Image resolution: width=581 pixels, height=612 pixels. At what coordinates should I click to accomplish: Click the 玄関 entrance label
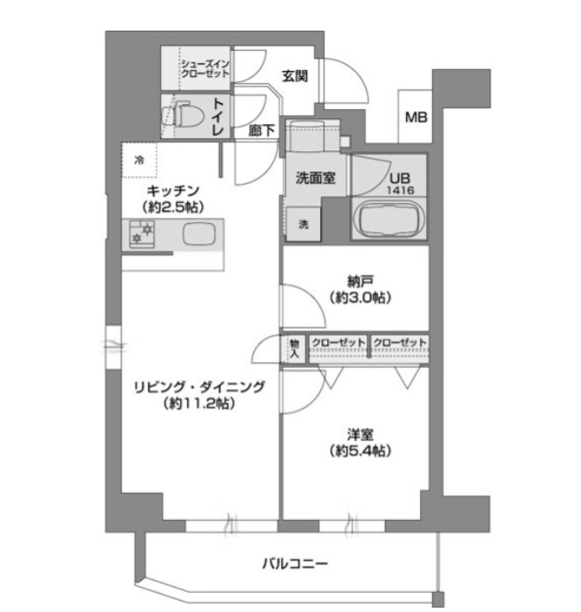point(295,76)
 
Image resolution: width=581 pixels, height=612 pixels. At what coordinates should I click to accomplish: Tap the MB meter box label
point(416,117)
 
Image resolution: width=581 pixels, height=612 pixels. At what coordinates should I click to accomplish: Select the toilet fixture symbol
point(183,115)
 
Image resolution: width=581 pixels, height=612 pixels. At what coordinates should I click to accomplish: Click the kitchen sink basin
point(199,233)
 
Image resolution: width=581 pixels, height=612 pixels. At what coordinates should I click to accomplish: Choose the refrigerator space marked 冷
point(139,160)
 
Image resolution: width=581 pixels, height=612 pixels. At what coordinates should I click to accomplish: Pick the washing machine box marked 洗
point(304,224)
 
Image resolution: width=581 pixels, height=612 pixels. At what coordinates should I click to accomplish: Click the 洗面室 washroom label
point(315,178)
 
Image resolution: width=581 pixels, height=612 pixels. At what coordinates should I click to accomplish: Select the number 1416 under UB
point(401,191)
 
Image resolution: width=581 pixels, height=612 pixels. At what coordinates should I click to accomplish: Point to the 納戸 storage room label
point(360,282)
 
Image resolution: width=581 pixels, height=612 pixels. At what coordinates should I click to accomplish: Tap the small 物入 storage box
point(295,349)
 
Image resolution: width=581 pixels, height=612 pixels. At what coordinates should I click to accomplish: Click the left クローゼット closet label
point(338,343)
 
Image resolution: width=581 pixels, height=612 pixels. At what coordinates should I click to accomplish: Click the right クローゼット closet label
point(399,343)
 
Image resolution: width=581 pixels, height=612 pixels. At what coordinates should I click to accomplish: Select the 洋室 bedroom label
point(360,435)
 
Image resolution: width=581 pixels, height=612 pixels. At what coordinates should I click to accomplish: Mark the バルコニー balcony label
point(295,563)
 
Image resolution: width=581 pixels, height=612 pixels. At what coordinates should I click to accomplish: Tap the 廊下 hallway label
point(262,130)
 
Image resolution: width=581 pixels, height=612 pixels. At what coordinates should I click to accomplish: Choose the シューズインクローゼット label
point(205,69)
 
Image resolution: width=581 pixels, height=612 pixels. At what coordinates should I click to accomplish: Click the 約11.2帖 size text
point(199,403)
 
